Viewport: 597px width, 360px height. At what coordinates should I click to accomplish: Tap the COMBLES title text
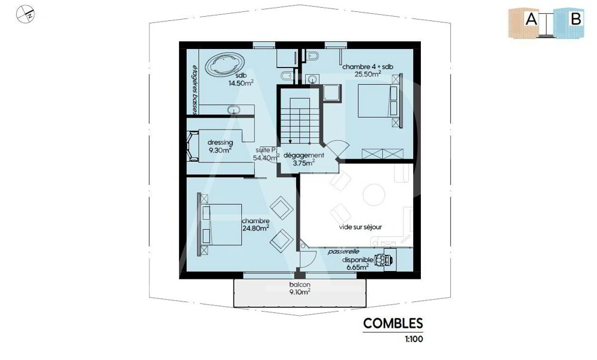393,324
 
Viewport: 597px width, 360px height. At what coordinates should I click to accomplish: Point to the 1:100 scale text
414,339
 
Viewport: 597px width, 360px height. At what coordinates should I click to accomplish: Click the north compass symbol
26,14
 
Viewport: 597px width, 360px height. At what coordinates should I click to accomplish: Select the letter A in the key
531,19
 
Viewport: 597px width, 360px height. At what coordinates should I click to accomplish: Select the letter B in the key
576,19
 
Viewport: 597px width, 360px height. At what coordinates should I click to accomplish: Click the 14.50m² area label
241,82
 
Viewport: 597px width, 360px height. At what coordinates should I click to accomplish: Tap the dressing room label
220,143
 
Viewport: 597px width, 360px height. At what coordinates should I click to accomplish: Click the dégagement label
304,155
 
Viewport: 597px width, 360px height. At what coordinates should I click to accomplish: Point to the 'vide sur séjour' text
360,227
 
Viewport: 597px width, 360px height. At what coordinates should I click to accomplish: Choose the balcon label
300,285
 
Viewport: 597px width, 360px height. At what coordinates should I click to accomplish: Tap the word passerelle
344,251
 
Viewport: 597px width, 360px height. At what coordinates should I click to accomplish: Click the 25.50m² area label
368,74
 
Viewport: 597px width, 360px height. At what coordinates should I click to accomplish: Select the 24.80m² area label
256,228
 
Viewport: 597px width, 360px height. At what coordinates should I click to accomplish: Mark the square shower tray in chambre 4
332,93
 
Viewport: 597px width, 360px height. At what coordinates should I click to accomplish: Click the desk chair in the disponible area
383,260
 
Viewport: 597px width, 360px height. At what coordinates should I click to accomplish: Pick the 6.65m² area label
357,267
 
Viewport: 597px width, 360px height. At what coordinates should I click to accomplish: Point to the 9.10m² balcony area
300,292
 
